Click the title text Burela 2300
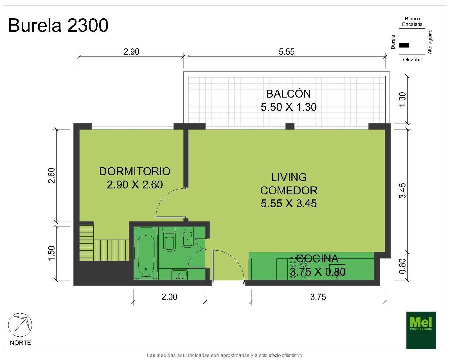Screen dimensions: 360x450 58,25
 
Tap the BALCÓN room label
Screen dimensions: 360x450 288,94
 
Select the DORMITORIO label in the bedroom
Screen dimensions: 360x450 135,171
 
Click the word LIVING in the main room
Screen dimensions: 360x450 289,177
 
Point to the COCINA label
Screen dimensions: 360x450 317,258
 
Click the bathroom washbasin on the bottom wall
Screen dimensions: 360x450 179,275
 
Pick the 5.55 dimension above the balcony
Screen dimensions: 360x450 287,52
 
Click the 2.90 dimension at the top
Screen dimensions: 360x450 131,52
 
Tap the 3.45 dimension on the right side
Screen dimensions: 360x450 403,191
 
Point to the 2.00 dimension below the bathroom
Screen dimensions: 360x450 169,297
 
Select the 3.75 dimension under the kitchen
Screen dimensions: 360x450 318,297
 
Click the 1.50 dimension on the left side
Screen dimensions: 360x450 51,253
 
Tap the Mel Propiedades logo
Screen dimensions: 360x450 421,330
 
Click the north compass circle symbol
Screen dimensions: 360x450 20,325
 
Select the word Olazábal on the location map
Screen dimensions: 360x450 412,60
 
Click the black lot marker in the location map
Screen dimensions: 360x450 404,45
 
